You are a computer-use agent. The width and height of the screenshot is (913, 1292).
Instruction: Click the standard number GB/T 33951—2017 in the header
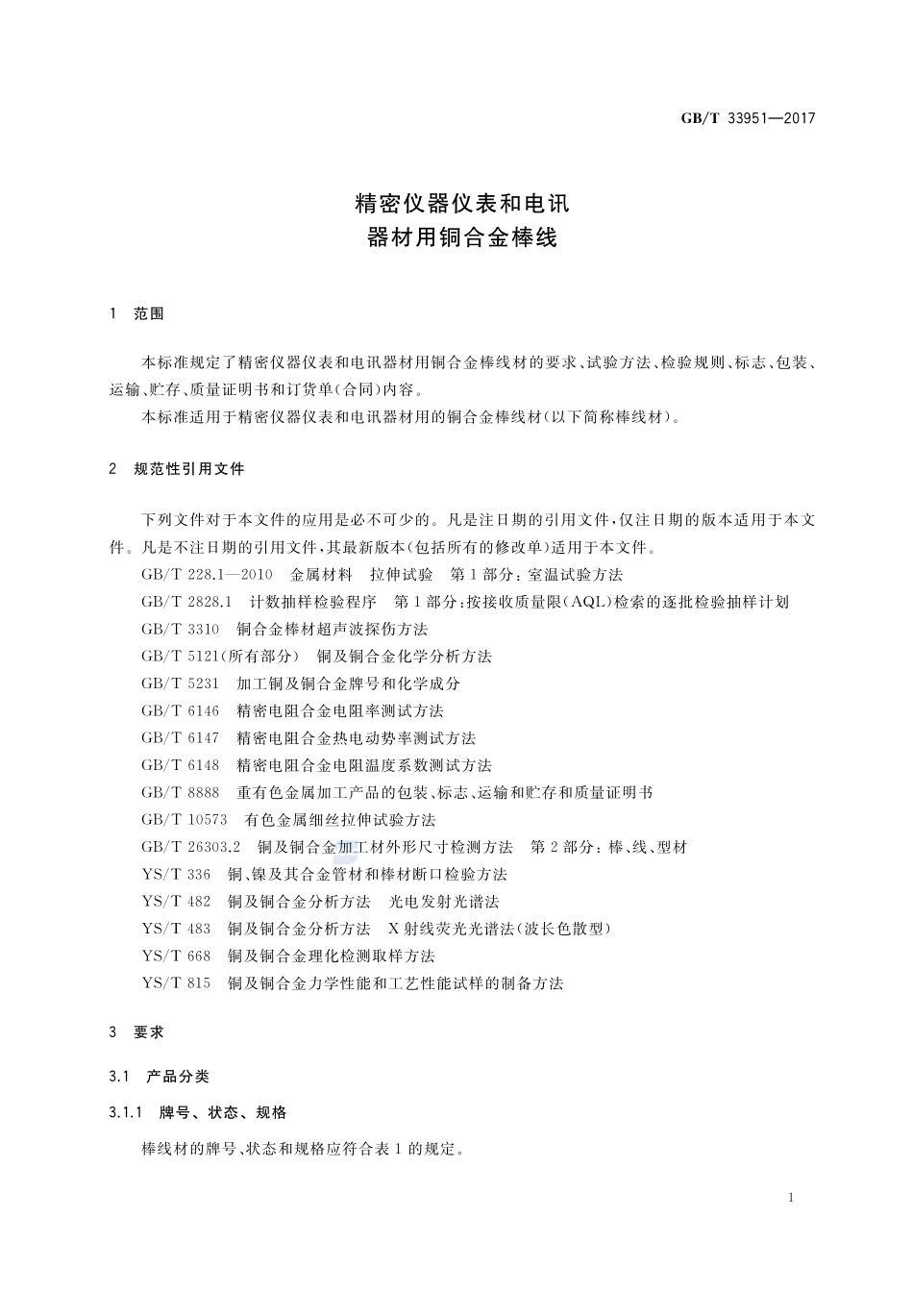coord(748,118)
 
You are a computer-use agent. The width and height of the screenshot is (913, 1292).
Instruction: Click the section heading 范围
coord(149,313)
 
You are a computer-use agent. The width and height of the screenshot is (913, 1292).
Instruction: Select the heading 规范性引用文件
coord(189,469)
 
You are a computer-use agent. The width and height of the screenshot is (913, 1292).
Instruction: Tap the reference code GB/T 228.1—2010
coord(207,575)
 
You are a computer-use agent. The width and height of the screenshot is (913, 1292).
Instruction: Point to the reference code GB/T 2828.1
coord(186,602)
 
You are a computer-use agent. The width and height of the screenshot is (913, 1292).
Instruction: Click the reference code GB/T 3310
coord(180,630)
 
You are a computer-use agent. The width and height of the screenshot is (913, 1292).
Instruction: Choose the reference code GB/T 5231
coord(180,683)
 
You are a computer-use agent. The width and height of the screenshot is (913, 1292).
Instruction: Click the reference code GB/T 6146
coord(180,711)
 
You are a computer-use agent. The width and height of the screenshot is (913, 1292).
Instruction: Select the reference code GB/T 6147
coord(180,738)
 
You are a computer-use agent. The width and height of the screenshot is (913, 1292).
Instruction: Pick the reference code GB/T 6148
coord(180,765)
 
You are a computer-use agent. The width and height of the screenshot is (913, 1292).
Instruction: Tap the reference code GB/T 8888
coord(180,793)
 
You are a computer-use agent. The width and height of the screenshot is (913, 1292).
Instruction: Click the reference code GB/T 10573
coord(184,820)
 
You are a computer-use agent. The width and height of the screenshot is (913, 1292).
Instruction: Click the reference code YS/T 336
coord(175,875)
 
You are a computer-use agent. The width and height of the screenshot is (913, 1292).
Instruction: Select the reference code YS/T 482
coord(175,902)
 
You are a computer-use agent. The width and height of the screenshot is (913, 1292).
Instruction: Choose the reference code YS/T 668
coord(175,957)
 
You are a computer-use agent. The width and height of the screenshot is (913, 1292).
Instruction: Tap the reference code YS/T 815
coord(175,983)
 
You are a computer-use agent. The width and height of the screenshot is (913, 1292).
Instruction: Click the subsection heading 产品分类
coord(177,1076)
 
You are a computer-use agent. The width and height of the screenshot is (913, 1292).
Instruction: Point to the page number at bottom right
coord(790,1198)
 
